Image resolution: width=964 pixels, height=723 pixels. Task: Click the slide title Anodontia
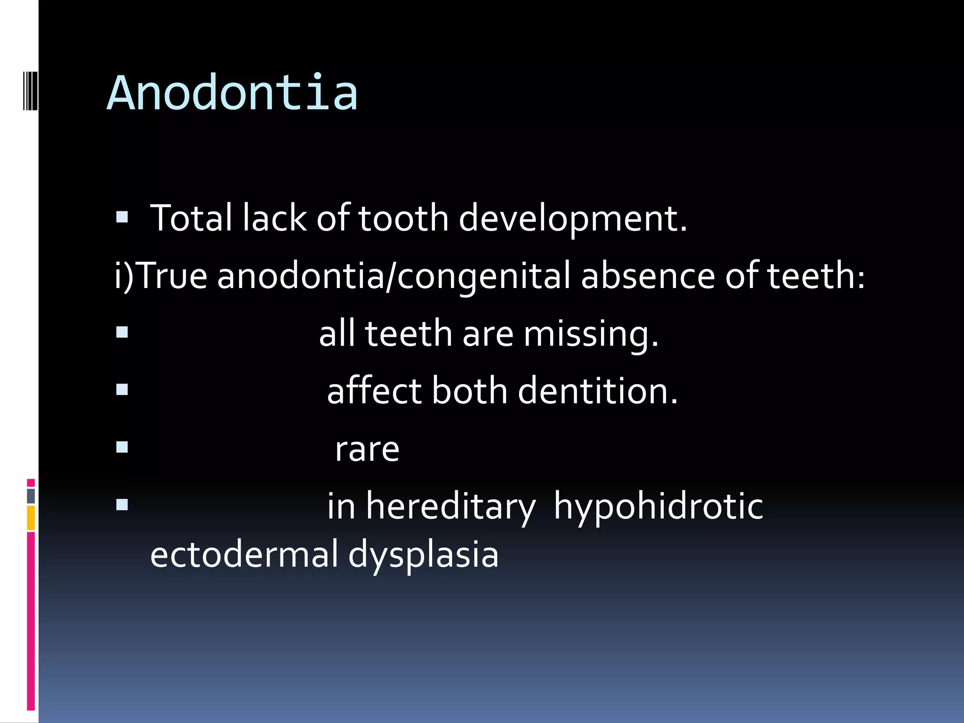pyautogui.click(x=232, y=93)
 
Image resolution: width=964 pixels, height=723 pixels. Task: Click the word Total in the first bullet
pyautogui.click(x=191, y=218)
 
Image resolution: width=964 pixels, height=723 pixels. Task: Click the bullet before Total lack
pyautogui.click(x=122, y=217)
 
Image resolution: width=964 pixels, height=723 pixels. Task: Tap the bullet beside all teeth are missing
pyautogui.click(x=122, y=333)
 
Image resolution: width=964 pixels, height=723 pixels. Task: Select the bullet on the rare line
pyautogui.click(x=122, y=447)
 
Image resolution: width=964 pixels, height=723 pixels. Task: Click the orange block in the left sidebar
pyautogui.click(x=31, y=518)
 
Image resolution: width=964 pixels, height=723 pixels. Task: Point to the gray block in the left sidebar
pyautogui.click(x=31, y=496)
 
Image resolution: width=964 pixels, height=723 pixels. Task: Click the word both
pyautogui.click(x=469, y=391)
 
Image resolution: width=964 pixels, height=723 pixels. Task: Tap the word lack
pyautogui.click(x=274, y=218)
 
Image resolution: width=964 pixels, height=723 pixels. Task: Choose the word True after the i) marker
pyautogui.click(x=173, y=276)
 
